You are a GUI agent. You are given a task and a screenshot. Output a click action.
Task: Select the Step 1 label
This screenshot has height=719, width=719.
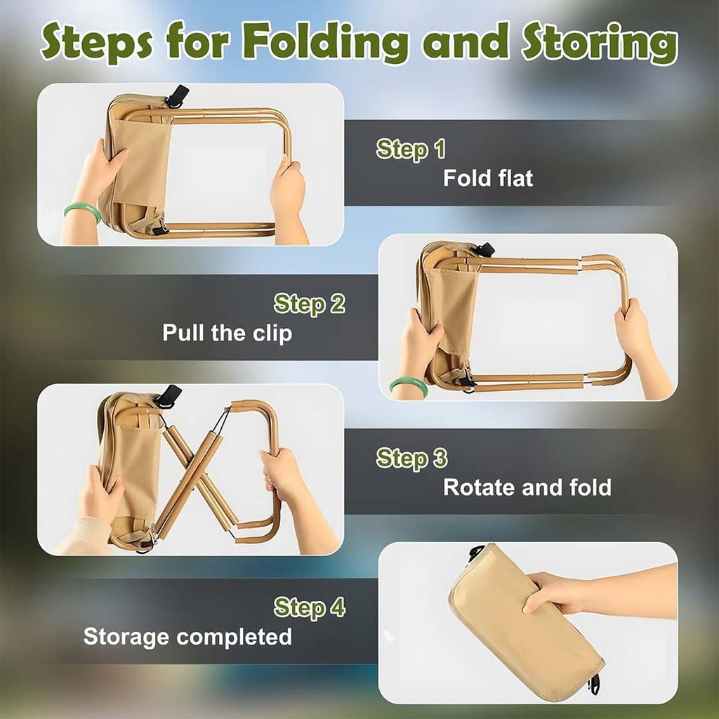tap(411, 149)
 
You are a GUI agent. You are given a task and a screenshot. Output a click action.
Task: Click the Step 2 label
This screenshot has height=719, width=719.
tap(310, 304)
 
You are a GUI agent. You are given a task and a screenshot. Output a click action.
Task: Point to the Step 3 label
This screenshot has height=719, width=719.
tap(411, 459)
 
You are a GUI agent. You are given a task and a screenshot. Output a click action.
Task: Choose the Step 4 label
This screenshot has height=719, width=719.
tap(310, 607)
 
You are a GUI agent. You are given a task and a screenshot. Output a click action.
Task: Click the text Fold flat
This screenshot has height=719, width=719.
tap(488, 178)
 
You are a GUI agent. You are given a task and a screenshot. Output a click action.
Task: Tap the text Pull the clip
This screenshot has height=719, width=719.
tap(227, 332)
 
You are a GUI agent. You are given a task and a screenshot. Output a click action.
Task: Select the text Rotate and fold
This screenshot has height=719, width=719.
tap(527, 487)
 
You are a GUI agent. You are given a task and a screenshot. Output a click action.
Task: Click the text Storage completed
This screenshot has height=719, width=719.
tap(187, 637)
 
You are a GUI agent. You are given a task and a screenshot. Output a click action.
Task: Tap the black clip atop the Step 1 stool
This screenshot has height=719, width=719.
tap(176, 95)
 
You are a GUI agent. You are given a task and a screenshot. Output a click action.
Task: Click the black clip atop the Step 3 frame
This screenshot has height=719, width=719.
tap(168, 396)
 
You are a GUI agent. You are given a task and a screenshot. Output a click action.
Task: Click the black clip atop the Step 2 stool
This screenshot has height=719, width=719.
tap(484, 249)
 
